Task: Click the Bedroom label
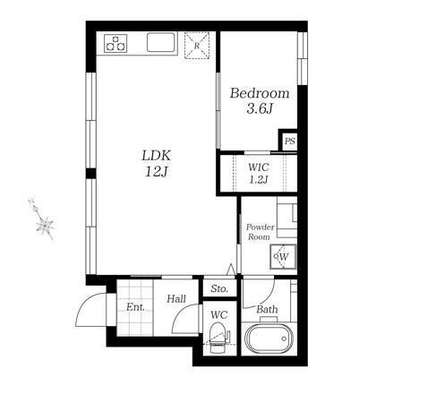tap(260, 93)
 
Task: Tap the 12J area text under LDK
tap(157, 171)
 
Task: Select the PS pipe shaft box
tap(289, 141)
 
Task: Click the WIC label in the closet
tap(259, 167)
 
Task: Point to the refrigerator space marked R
tap(197, 46)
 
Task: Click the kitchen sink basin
tap(160, 42)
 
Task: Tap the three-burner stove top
tap(115, 43)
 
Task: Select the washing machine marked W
tap(283, 257)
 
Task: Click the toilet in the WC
tap(218, 338)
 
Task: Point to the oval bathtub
tap(269, 339)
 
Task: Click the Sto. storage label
tap(219, 288)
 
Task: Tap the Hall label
tap(176, 298)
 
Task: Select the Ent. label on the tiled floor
tap(135, 307)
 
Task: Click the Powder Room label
tap(260, 232)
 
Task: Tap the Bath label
tap(267, 309)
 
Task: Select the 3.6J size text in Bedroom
tap(260, 108)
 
